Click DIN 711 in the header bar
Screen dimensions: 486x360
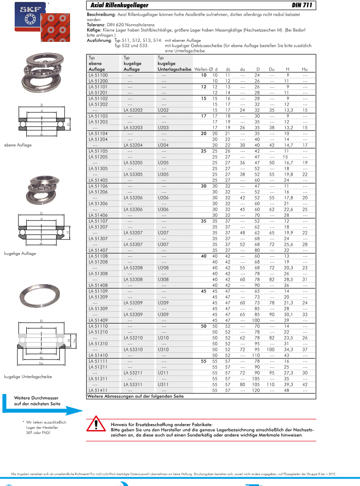coord(302,6)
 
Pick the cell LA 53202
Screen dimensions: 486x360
coord(133,110)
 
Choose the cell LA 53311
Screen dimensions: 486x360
coord(133,384)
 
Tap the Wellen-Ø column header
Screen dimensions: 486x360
coord(203,70)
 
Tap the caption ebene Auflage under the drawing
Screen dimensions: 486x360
coord(18,145)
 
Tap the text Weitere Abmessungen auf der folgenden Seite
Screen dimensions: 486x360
coord(135,396)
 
